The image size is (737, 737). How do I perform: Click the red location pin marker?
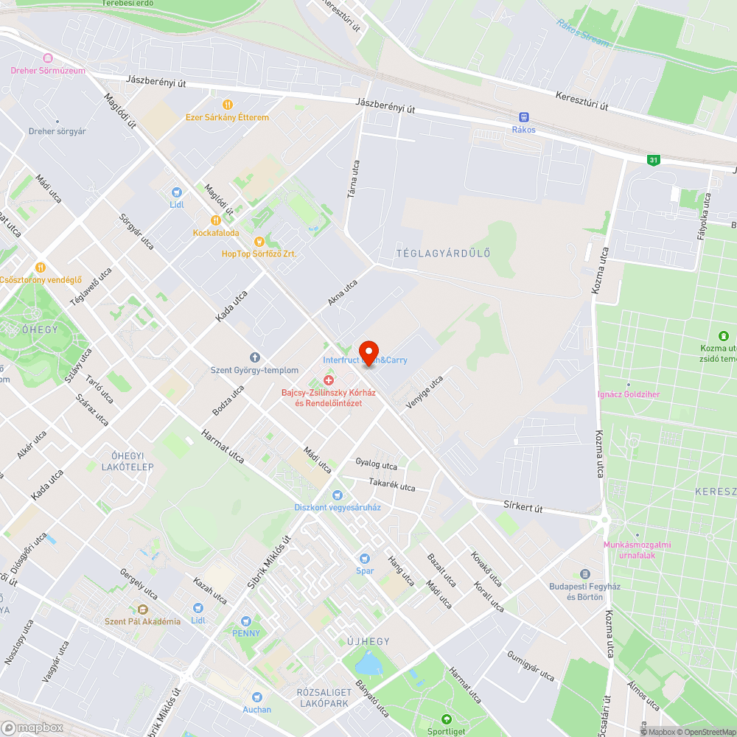pyautogui.click(x=368, y=351)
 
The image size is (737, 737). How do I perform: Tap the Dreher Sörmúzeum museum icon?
pyautogui.click(x=48, y=57)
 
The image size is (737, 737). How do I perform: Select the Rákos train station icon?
pyautogui.click(x=524, y=116)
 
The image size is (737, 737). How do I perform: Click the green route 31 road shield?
pyautogui.click(x=653, y=159)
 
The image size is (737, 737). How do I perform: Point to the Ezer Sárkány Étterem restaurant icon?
pyautogui.click(x=227, y=104)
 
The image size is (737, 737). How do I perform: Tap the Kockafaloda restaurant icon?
pyautogui.click(x=216, y=220)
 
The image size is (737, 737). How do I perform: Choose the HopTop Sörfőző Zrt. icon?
pyautogui.click(x=259, y=241)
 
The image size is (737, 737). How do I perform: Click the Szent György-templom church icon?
pyautogui.click(x=255, y=357)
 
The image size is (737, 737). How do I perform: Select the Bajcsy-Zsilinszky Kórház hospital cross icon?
pyautogui.click(x=329, y=380)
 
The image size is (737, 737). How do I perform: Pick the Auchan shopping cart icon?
pyautogui.click(x=257, y=696)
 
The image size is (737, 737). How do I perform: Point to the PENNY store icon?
pyautogui.click(x=246, y=621)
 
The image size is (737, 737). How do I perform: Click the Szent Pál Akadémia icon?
pyautogui.click(x=142, y=609)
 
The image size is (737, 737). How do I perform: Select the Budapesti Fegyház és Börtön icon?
pyautogui.click(x=586, y=573)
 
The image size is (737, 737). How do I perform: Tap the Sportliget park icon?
pyautogui.click(x=445, y=719)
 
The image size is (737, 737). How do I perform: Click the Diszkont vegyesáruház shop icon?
pyautogui.click(x=338, y=495)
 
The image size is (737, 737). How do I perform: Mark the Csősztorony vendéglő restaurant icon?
pyautogui.click(x=40, y=267)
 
